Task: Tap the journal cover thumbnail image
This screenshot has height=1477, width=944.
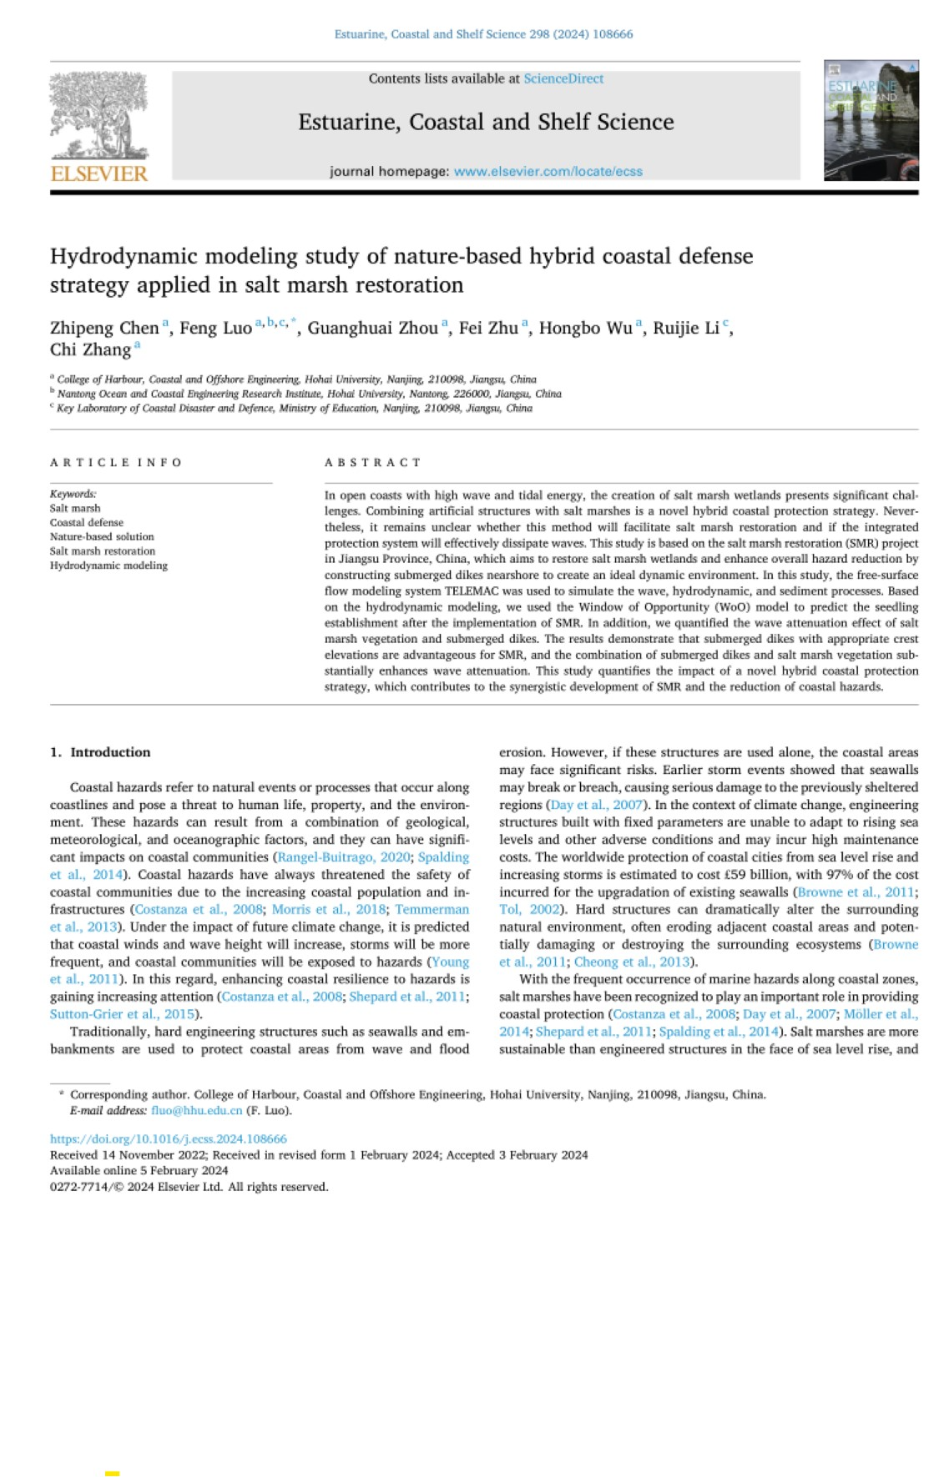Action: coord(871,120)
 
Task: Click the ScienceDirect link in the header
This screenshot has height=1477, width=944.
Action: coord(563,78)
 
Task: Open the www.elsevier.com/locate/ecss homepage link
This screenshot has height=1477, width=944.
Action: coord(548,171)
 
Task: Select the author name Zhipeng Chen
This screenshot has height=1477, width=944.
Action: coord(104,328)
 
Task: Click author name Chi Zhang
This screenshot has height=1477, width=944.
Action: coord(90,349)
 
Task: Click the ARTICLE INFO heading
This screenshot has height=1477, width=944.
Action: coord(116,462)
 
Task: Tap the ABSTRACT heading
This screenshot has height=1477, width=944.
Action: coord(372,462)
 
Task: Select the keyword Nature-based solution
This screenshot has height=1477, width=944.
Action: coord(102,536)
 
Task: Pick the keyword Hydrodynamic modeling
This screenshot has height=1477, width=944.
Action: coord(109,565)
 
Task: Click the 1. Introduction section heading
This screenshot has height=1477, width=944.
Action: coord(100,751)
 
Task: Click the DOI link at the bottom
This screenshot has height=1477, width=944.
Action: coord(169,1138)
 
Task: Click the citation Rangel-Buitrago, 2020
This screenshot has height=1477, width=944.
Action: coord(344,857)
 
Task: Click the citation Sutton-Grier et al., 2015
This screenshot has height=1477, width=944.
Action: coord(123,1014)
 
